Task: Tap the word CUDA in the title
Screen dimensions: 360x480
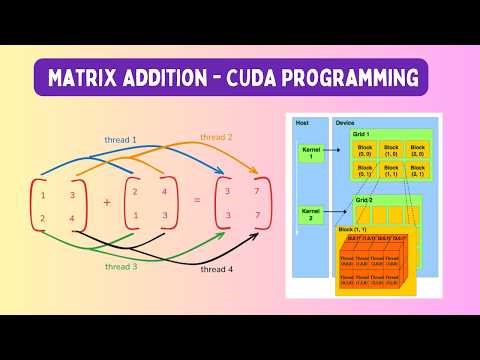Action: (282, 77)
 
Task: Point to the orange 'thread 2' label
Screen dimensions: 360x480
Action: (215, 137)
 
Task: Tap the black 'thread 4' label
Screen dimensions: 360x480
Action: (216, 269)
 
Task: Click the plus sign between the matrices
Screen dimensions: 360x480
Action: (107, 201)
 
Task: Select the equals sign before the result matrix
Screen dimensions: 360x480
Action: (197, 201)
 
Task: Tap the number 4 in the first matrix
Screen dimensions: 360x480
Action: (72, 219)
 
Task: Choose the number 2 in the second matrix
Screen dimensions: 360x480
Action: (135, 192)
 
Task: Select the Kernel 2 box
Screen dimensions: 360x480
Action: (307, 215)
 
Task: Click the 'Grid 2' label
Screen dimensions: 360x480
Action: (365, 200)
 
